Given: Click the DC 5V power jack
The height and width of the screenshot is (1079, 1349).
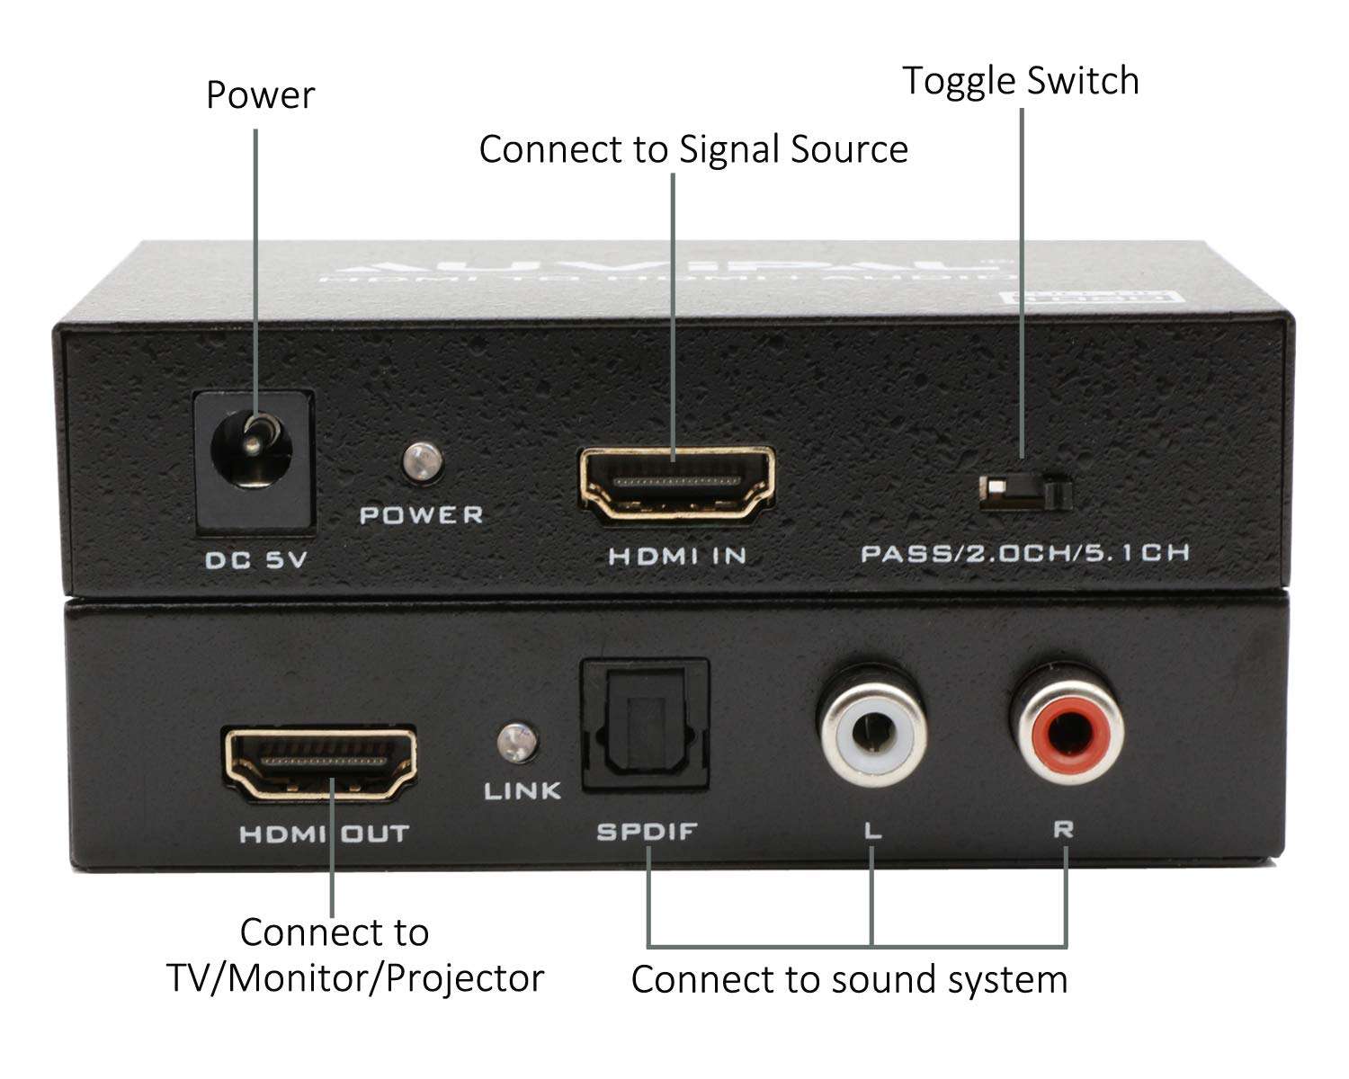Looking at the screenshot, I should coord(255,459).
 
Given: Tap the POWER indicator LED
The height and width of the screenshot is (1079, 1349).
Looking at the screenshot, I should coord(422,461).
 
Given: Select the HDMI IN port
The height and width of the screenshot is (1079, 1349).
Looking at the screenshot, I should coord(677,484).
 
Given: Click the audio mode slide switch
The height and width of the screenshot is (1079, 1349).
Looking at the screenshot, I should coord(1025,491).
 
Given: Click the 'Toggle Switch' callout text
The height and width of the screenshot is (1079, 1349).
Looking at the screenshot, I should coord(1021,81).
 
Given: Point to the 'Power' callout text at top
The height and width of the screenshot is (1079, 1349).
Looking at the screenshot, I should coord(260,95).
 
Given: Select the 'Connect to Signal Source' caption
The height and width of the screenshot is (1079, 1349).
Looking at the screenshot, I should coord(692,149).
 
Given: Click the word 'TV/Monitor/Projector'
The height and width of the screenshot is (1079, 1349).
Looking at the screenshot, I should coord(355,978).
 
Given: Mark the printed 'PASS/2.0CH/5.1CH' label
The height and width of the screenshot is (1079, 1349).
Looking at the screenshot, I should coord(1025,553).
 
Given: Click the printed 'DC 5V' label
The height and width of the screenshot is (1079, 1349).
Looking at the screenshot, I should coord(256,560).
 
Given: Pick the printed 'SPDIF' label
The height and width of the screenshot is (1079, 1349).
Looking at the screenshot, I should coord(647,832).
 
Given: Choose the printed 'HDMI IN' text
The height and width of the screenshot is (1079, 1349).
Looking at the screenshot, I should coord(677,557).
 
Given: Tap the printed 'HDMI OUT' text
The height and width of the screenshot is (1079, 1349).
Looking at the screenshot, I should coord(324,834).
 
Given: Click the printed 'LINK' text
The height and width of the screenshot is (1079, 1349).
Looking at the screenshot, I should coord(523,791).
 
